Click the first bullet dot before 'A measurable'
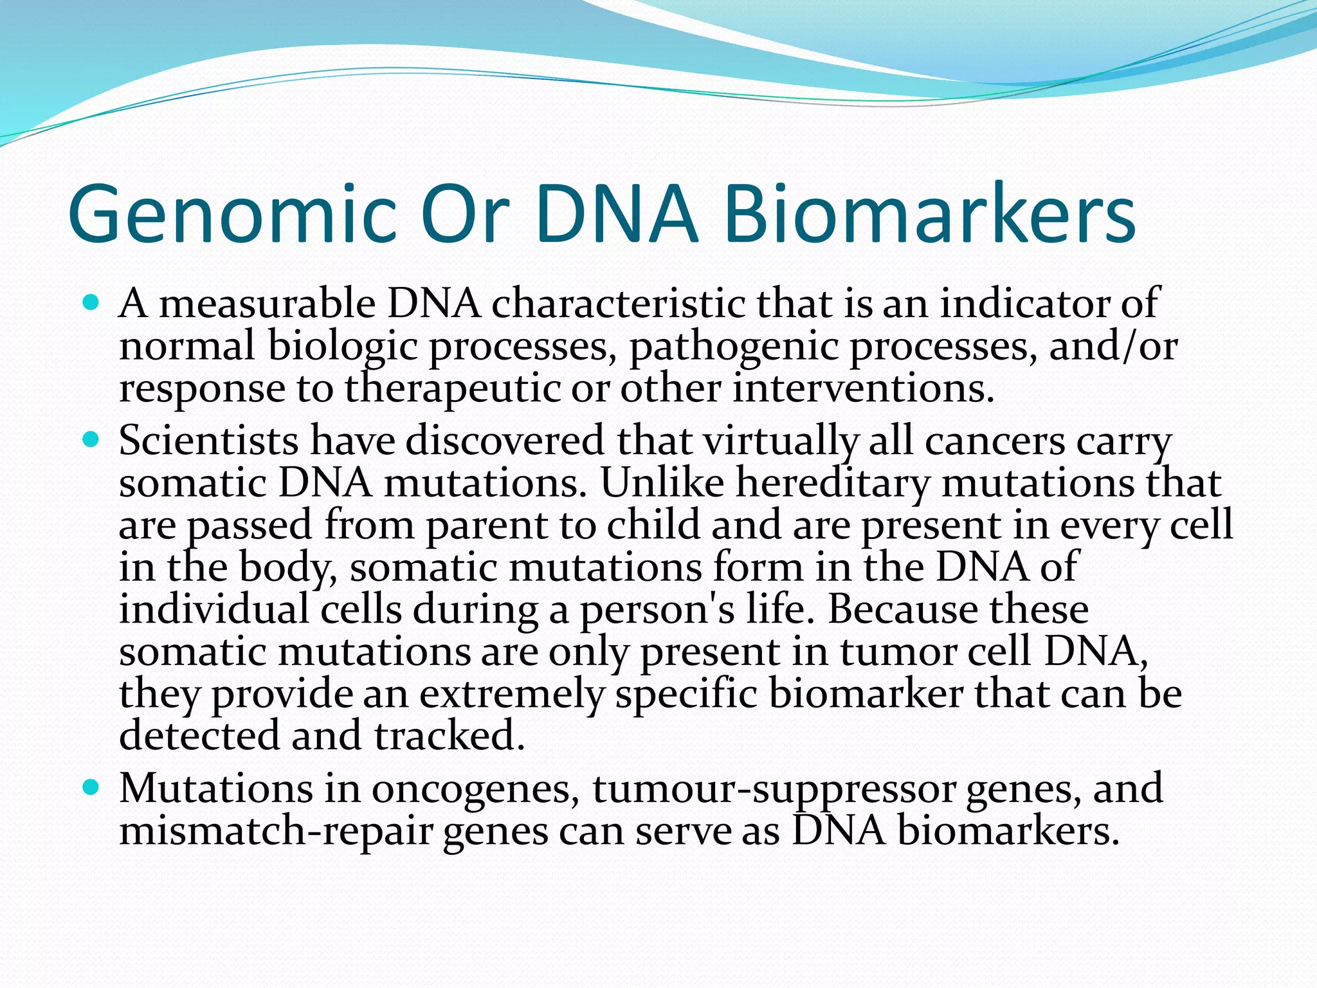tap(92, 302)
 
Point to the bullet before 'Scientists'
tap(92, 440)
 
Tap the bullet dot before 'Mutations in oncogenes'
tap(92, 787)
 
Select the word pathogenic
tap(733, 347)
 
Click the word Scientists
tap(208, 441)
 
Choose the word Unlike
tap(662, 483)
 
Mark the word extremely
tap(512, 695)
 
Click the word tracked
tap(450, 736)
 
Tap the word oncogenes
tap(472, 790)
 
